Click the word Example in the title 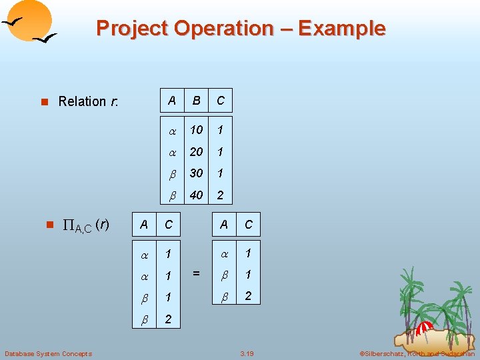(x=342, y=29)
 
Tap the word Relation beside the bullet (x=83, y=101)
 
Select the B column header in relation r (x=196, y=101)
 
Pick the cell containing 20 (x=196, y=151)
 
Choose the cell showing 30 (x=196, y=173)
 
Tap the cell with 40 (x=196, y=196)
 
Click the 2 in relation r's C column (x=220, y=196)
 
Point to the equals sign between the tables (x=196, y=273)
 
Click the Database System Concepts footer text (x=48, y=353)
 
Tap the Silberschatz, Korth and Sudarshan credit (x=417, y=353)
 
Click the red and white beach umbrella (x=425, y=328)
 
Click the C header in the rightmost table (x=249, y=225)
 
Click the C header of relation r (x=220, y=101)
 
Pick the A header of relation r (x=172, y=101)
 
